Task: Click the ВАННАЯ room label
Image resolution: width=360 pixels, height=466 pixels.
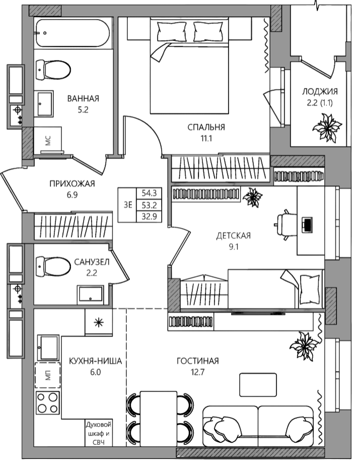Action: click(x=83, y=98)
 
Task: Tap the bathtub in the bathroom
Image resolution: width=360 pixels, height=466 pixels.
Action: click(x=73, y=33)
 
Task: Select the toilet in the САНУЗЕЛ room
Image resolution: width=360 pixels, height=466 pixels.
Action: click(x=53, y=266)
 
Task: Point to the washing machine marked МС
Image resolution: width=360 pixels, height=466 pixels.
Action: click(x=48, y=140)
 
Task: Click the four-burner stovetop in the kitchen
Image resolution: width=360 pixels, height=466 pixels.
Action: click(x=47, y=403)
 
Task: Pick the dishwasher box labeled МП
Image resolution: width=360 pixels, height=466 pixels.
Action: click(x=47, y=375)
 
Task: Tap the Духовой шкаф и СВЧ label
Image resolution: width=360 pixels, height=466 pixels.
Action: click(x=99, y=434)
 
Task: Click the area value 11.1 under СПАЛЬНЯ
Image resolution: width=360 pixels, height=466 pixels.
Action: click(x=206, y=138)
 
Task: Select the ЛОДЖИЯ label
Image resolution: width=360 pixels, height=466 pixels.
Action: click(x=320, y=91)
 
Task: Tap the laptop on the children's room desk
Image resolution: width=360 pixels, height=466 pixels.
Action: click(x=307, y=224)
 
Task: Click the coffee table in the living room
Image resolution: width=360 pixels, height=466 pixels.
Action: click(x=258, y=385)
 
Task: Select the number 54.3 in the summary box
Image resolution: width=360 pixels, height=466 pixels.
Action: click(x=149, y=193)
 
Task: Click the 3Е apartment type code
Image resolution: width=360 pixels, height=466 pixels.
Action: click(x=128, y=205)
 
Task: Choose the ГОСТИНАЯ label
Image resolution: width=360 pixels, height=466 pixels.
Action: click(x=198, y=361)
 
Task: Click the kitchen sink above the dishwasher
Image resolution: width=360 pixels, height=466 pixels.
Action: click(x=48, y=348)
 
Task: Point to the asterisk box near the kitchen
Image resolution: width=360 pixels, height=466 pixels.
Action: click(x=99, y=322)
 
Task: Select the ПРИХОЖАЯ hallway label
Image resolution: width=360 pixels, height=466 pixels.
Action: click(x=72, y=184)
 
